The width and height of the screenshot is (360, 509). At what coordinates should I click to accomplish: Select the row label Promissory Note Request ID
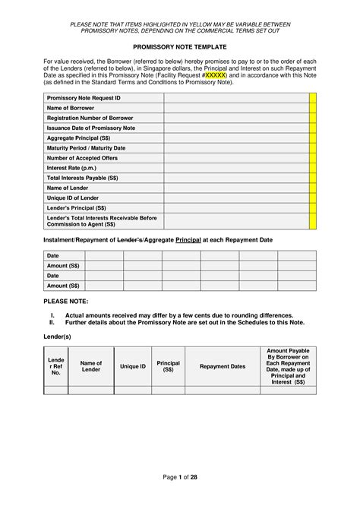click(84, 99)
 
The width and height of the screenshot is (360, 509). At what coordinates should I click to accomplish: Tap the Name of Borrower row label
click(71, 109)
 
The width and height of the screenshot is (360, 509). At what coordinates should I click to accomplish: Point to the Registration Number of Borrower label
click(90, 119)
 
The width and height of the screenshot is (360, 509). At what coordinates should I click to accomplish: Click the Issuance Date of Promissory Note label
click(91, 128)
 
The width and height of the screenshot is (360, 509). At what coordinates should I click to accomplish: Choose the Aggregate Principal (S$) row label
click(78, 138)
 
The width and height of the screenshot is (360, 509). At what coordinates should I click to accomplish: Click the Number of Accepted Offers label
click(82, 158)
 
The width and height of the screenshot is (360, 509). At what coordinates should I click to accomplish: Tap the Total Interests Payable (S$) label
click(82, 178)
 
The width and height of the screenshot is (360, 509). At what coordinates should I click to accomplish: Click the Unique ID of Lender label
click(73, 198)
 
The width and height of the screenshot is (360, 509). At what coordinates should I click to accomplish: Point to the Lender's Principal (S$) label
click(76, 207)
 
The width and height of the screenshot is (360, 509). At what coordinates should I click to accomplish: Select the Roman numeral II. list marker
click(53, 322)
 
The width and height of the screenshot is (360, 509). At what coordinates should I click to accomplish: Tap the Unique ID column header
click(133, 366)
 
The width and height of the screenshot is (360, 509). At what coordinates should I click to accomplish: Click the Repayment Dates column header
click(222, 366)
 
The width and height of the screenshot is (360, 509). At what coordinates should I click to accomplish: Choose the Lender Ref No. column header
click(55, 366)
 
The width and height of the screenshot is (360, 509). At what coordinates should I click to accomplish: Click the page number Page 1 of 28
click(180, 476)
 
